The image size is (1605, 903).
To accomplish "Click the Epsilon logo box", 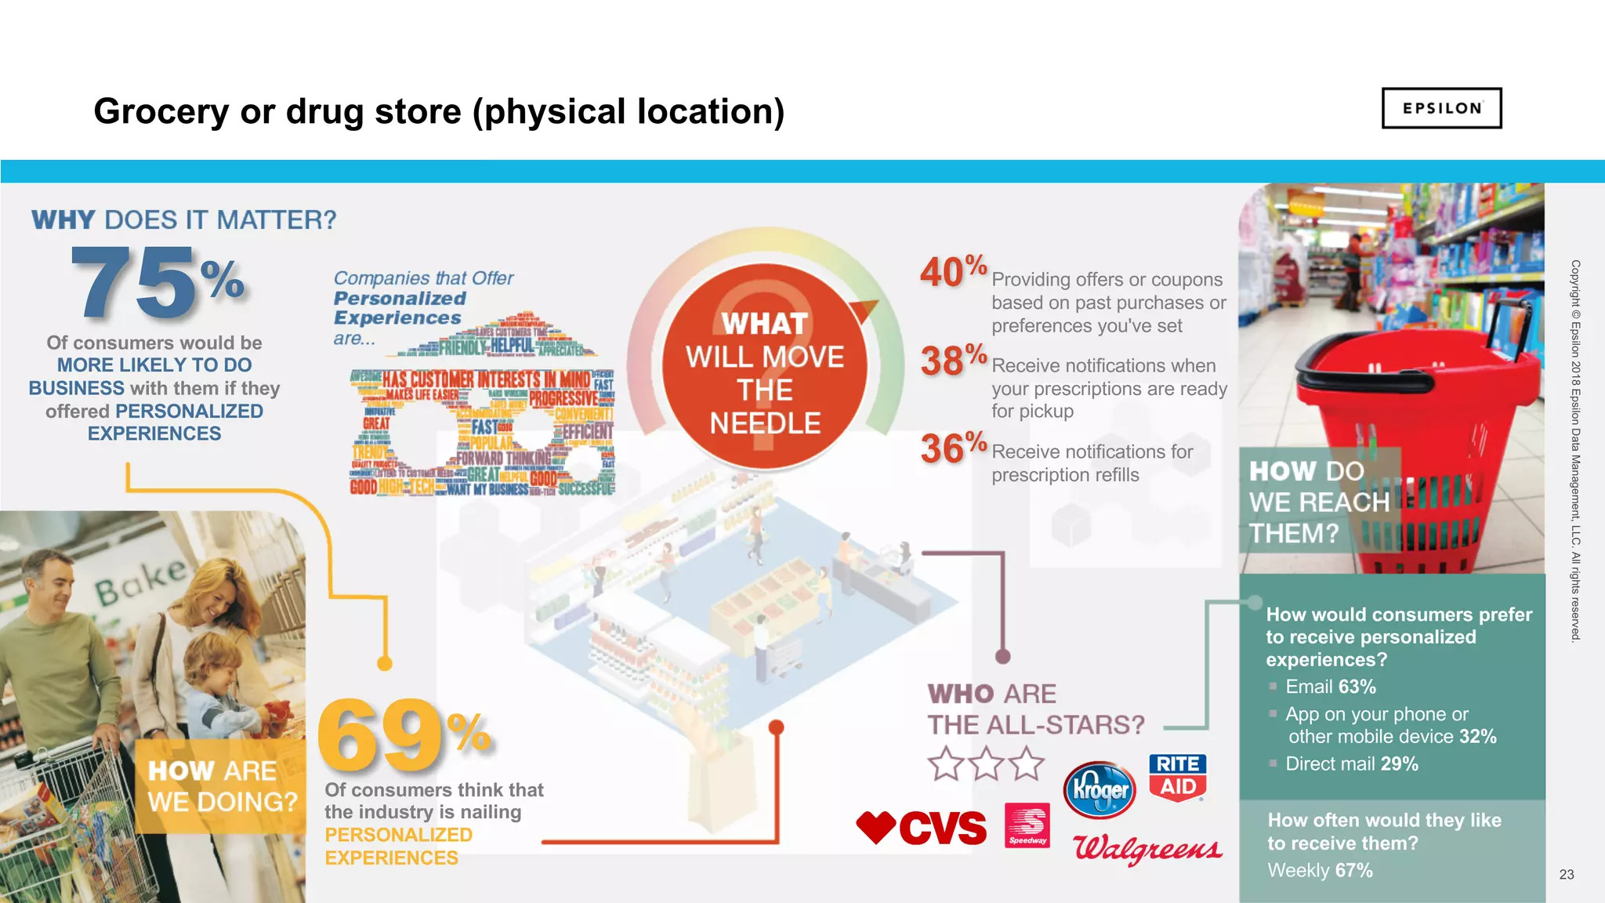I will pos(1441,108).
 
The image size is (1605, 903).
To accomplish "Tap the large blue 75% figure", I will pos(157,282).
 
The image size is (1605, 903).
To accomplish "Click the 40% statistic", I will pos(952,271).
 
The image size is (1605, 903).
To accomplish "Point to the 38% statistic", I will pos(952,361).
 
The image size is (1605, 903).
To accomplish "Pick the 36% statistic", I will pos(952,448).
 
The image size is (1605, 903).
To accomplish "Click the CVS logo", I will pos(922,828).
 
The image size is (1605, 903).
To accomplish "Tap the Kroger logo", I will pos(1100,789).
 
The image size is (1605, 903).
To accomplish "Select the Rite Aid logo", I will pos(1177,776).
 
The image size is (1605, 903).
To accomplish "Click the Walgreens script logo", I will pos(1147,848).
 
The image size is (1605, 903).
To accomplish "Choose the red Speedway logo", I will pos(1027,825).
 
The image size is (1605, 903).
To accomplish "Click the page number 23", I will pos(1566,874).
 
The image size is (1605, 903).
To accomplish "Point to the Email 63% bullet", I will pos(1330,687).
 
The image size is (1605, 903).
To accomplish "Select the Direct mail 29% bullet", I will pos(1351,763).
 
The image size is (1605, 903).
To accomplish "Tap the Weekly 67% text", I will pos(1320,870).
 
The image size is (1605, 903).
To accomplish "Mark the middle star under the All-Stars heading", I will pos(986,763).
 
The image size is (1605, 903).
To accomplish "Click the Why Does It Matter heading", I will pos(184,219).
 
